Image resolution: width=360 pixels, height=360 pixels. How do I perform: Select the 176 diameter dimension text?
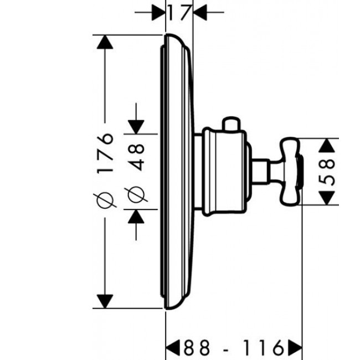105,152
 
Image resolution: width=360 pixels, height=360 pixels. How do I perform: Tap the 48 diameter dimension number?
136,157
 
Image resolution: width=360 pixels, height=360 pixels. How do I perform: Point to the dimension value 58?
327,172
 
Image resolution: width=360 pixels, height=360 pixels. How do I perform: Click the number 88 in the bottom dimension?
197,347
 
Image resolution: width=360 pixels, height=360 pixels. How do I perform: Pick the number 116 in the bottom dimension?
263,347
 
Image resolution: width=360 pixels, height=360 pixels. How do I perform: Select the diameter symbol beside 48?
136,194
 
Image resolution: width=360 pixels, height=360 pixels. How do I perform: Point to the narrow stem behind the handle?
260,172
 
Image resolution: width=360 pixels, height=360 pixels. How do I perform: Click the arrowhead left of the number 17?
158,12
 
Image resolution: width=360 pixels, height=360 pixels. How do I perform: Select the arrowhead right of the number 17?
200,12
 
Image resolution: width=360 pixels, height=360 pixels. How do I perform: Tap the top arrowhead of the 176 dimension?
105,42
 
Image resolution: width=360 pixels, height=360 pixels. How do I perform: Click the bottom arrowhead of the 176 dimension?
105,301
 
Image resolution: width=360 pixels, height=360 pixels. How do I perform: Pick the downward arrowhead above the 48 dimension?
136,127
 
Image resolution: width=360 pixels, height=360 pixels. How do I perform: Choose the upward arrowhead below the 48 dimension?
136,216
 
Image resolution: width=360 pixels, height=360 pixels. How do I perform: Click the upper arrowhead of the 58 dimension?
327,145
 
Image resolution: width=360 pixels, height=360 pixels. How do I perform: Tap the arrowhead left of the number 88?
173,347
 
